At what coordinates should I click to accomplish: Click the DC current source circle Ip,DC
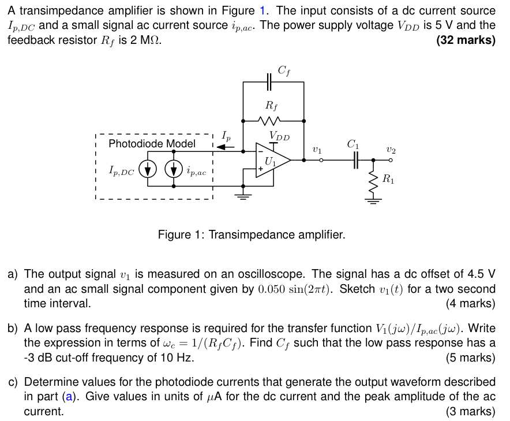(x=148, y=169)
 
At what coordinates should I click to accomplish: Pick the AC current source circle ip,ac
(x=174, y=169)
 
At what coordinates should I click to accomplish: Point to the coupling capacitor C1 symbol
(x=356, y=160)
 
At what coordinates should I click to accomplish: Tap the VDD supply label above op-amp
(x=279, y=137)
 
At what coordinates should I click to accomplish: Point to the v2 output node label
(x=391, y=149)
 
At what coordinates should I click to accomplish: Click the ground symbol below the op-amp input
(x=243, y=196)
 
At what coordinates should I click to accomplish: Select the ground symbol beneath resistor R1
(x=373, y=200)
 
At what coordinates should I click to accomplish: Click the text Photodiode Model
(x=152, y=143)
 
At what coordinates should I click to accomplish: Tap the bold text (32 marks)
(x=466, y=40)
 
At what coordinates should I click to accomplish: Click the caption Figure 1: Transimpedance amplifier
(x=252, y=235)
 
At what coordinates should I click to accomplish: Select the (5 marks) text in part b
(x=470, y=357)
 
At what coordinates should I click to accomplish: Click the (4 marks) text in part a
(x=470, y=303)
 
